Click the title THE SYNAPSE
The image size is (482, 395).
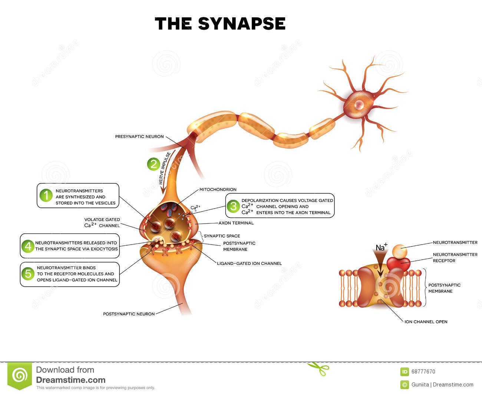pos(220,24)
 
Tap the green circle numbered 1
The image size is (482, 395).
pos(46,195)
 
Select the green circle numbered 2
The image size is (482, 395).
pos(153,164)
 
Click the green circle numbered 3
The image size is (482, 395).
pos(233,206)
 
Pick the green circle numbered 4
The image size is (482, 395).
pos(28,246)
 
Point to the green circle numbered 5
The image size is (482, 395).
pos(28,274)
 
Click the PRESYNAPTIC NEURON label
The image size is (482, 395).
pos(139,137)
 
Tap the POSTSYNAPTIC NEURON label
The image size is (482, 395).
pos(129,314)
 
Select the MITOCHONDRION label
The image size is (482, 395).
pos(218,189)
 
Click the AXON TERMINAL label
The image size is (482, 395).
pos(236,223)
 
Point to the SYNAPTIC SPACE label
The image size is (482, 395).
pos(222,236)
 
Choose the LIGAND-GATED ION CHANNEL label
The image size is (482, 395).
pos(249,263)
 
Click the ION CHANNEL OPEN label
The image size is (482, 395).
pos(426,322)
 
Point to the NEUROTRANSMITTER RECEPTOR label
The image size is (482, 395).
pos(455,258)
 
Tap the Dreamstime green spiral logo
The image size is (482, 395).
pos(20,376)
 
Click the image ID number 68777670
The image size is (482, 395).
pos(423,372)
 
